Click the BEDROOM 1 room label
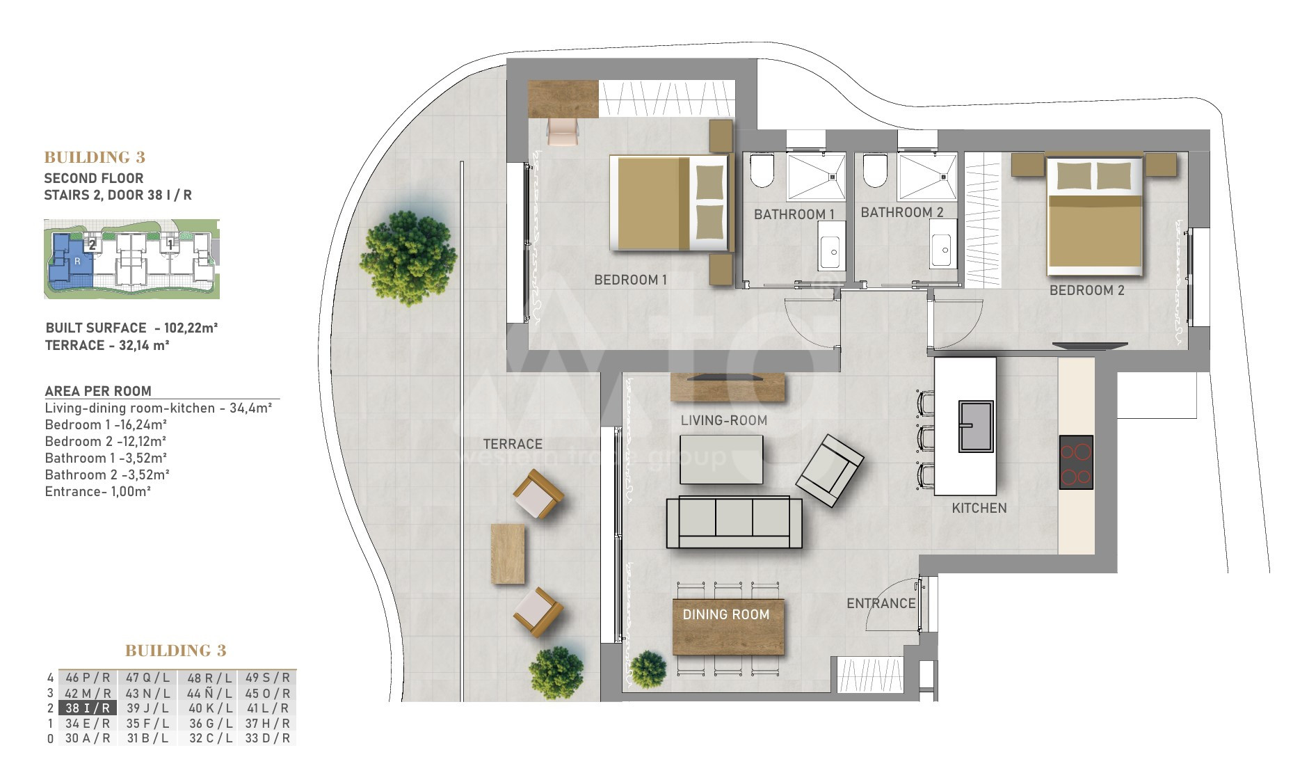(x=630, y=280)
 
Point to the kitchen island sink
(x=976, y=427)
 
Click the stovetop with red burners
(x=1076, y=463)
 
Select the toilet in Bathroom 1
(x=762, y=170)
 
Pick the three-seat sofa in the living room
(x=734, y=523)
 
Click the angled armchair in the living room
(x=830, y=471)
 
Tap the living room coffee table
(x=721, y=459)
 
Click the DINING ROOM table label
(x=726, y=614)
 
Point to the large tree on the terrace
(x=408, y=258)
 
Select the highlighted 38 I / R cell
(x=88, y=708)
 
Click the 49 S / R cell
(x=268, y=678)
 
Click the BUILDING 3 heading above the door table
(x=176, y=651)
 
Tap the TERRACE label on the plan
(x=513, y=444)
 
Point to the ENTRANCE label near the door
(x=881, y=603)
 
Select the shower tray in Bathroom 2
(x=927, y=177)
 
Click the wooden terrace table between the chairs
(x=508, y=554)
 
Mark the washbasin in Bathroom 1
(x=831, y=246)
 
